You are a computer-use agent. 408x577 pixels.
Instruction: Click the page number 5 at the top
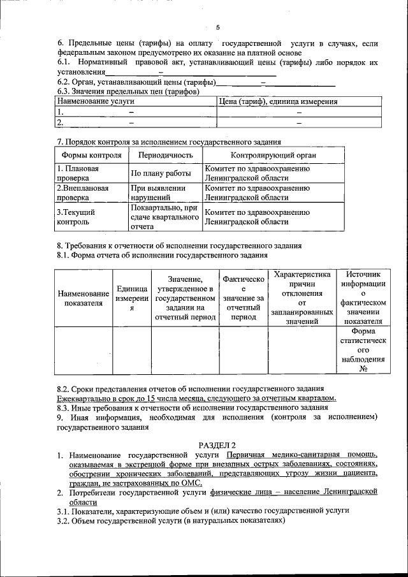point(217,27)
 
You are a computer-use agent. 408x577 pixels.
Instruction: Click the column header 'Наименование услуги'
point(96,101)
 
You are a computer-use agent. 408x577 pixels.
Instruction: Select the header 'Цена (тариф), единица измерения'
point(278,101)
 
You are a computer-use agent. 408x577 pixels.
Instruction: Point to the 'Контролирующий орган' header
point(273,155)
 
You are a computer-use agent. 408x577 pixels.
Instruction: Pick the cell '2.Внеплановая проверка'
point(82,193)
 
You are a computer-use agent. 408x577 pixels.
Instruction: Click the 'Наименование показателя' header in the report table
point(83,298)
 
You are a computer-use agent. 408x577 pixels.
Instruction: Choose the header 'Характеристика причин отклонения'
point(302,298)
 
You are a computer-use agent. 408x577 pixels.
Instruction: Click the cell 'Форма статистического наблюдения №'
point(363,350)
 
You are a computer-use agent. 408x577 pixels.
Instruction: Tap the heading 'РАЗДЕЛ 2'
point(217,444)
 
